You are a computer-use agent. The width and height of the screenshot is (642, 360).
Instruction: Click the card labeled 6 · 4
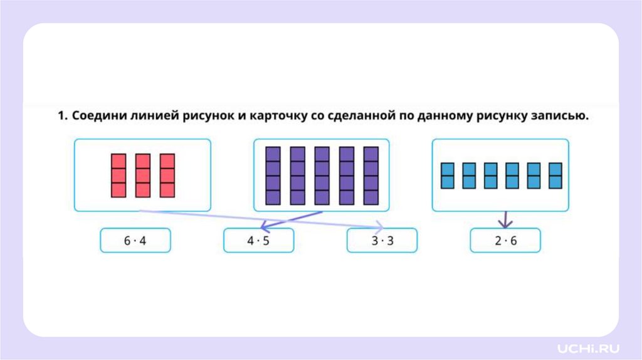135,240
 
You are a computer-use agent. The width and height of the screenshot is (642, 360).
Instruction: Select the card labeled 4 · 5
258,240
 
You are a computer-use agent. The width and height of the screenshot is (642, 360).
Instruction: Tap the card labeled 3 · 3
381,240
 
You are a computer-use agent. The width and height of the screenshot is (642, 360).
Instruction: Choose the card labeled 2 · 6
505,240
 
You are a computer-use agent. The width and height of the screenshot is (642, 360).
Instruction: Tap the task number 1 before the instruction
61,116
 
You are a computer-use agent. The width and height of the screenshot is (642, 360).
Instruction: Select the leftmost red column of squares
118,176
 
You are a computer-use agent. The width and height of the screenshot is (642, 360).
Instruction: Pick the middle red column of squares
143,176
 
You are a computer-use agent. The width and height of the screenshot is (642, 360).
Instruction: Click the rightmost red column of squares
167,176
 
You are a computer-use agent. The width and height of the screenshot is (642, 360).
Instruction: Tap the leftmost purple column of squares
273,176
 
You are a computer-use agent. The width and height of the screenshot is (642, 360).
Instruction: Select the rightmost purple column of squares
371,176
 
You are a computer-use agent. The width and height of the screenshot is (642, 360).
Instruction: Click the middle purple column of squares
322,176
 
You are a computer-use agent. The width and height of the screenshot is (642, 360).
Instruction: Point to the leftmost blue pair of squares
448,176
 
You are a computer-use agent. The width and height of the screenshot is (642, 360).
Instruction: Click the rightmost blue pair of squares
555,176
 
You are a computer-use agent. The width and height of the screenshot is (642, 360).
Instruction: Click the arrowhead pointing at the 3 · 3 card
380,227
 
